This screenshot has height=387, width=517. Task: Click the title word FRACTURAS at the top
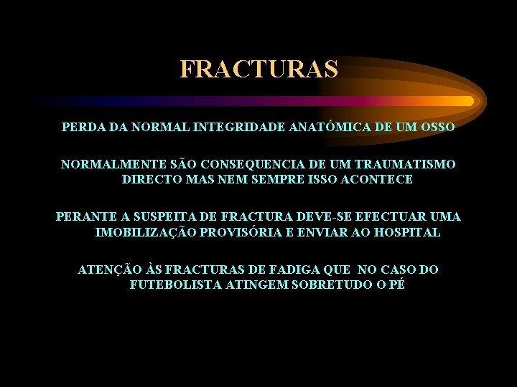258,70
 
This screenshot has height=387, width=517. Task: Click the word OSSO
437,128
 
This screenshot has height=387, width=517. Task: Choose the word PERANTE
83,216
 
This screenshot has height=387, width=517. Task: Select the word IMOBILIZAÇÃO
147,232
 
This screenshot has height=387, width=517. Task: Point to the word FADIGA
298,269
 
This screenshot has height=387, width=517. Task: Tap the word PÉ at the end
396,285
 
